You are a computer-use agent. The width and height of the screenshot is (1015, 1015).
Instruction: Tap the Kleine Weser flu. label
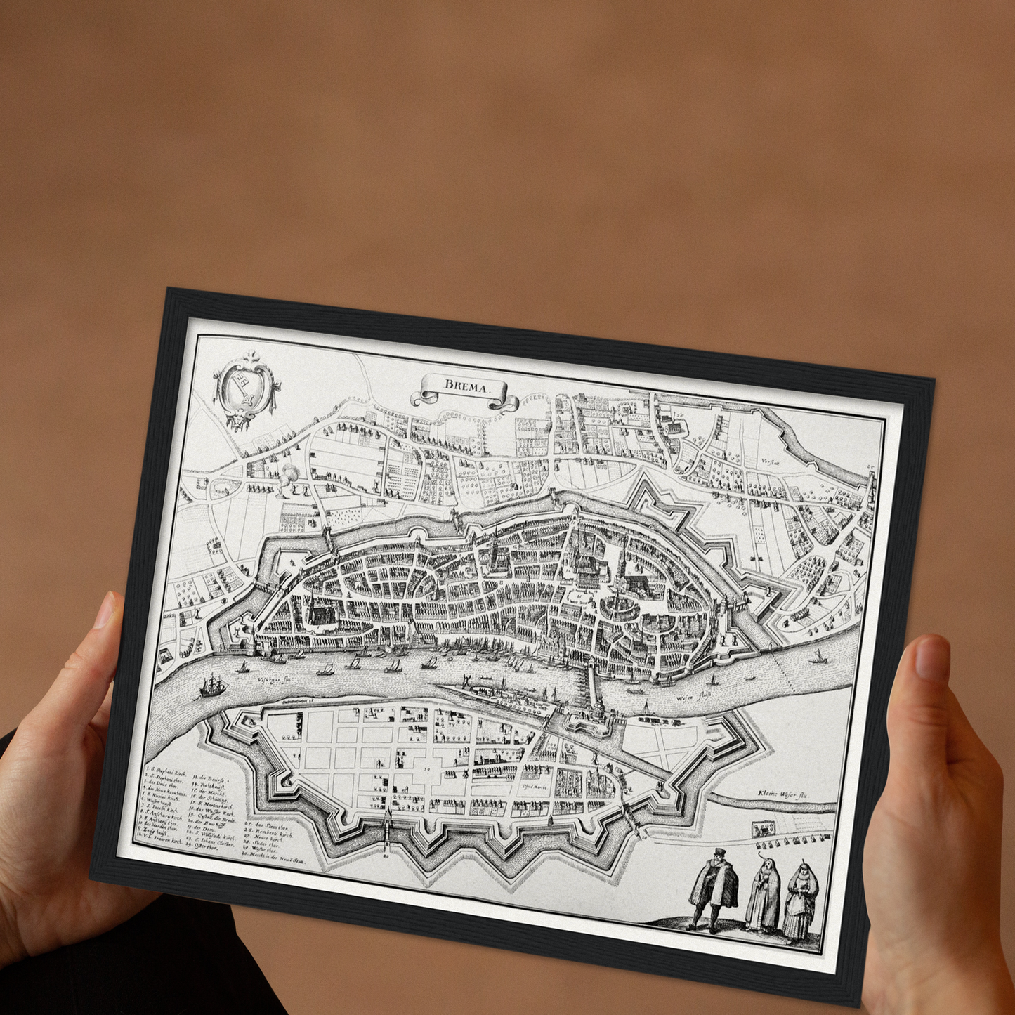784,794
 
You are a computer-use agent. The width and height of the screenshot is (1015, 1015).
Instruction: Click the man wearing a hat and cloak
714,888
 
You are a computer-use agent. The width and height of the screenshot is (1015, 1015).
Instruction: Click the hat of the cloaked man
717,853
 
